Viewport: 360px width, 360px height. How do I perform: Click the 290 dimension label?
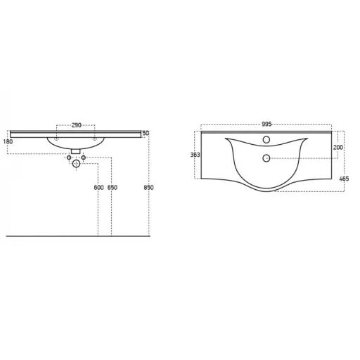(x=77, y=125)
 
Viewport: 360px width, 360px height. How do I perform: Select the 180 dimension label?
(x=8, y=141)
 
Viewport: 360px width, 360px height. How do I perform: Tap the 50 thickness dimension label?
(x=146, y=133)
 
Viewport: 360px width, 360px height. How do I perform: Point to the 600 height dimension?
(x=98, y=188)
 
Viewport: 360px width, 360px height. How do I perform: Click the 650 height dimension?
(x=112, y=188)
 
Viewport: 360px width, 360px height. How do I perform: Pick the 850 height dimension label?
(x=148, y=188)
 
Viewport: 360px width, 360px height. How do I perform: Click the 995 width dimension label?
(x=266, y=124)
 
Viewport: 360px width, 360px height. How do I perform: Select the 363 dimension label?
(x=195, y=155)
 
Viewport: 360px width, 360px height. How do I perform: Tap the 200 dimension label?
(x=338, y=148)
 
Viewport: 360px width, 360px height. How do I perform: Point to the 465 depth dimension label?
(x=344, y=179)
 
